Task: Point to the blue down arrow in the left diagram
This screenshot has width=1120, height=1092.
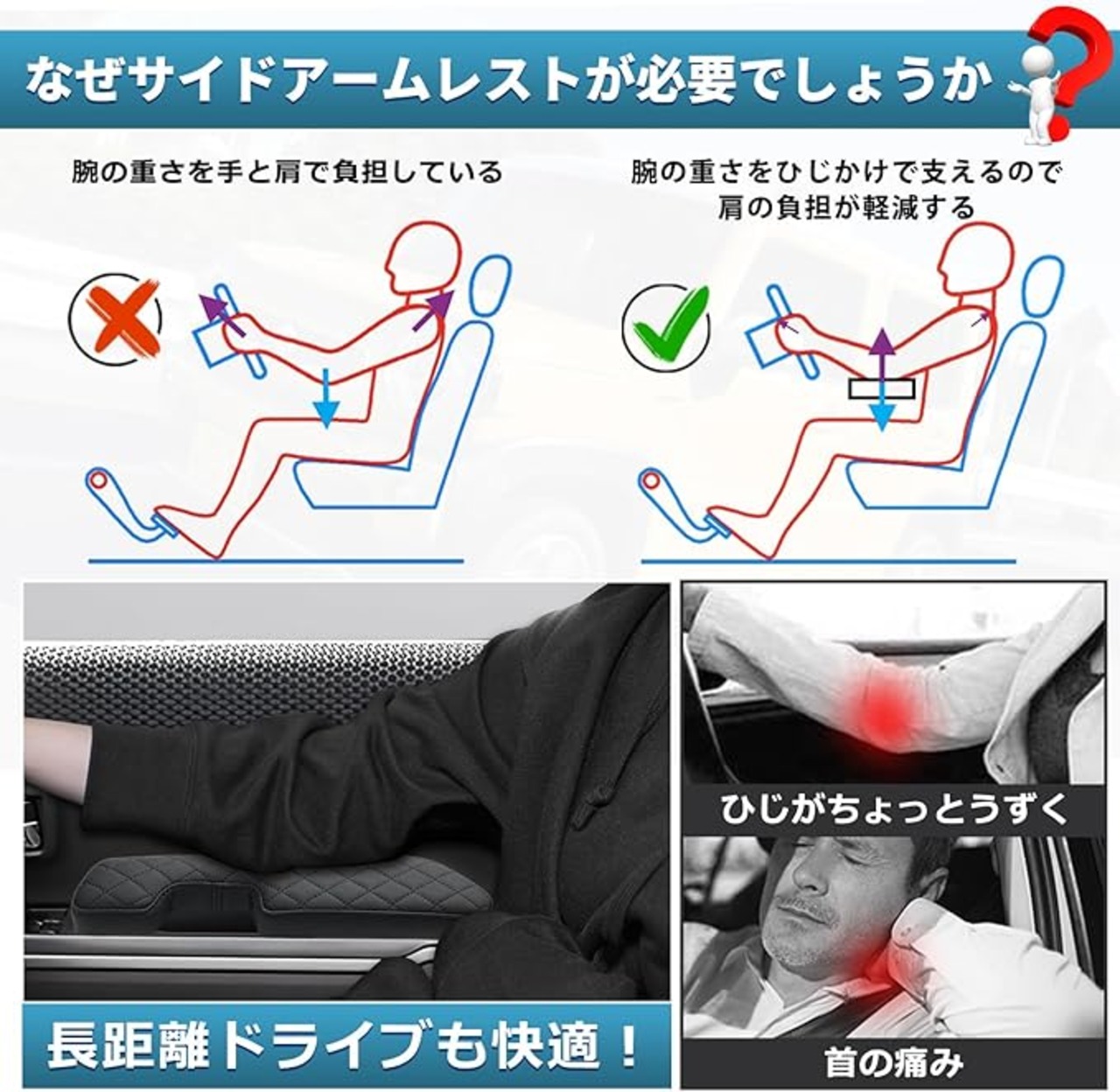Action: coord(326,398)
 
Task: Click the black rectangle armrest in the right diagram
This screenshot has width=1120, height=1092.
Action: coord(882,389)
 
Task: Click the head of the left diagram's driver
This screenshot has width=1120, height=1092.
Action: coord(424,258)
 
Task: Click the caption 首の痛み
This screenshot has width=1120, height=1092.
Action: coord(894,1062)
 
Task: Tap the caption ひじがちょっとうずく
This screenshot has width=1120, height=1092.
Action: coord(894,808)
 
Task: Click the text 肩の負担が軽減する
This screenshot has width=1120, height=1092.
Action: coord(846,207)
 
